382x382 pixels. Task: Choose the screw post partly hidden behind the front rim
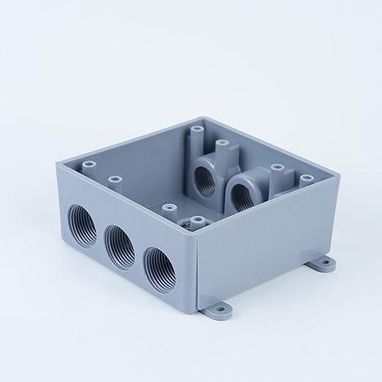[x=196, y=220]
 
